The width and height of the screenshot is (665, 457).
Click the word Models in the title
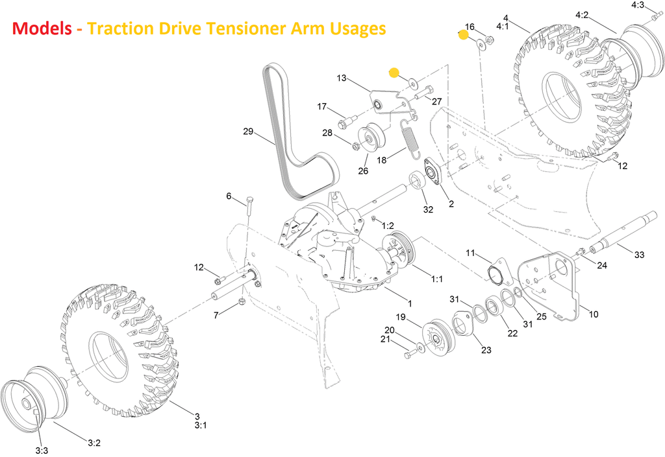coord(42,29)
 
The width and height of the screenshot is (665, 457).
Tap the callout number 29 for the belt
coord(248,132)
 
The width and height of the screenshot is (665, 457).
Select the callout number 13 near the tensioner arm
coord(342,78)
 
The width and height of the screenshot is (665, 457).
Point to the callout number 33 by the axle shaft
coord(639,255)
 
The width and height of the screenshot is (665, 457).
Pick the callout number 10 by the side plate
coord(594,314)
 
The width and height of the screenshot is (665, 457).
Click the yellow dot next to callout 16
coord(463,35)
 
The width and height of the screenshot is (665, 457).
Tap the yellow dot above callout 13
coord(394,73)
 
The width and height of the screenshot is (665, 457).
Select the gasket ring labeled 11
coord(498,272)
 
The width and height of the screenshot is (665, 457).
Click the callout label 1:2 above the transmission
coord(388,226)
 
